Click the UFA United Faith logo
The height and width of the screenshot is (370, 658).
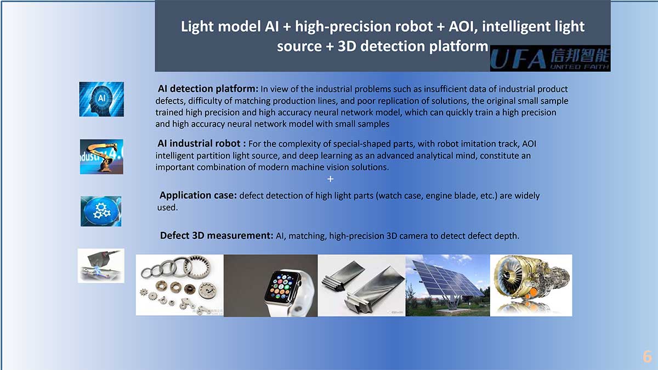click(x=550, y=58)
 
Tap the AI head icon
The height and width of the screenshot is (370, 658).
click(x=101, y=99)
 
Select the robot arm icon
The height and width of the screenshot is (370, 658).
click(x=101, y=157)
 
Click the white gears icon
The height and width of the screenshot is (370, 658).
click(x=101, y=211)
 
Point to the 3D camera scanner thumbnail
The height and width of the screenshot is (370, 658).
click(x=101, y=266)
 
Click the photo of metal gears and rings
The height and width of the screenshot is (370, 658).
click(x=179, y=285)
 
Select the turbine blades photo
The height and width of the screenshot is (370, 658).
click(x=361, y=286)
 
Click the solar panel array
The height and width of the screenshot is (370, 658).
click(x=446, y=281)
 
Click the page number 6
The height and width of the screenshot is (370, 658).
click(x=647, y=357)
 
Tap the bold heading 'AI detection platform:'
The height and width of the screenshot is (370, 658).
click(x=208, y=89)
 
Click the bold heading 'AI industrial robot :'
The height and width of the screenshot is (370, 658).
click(x=202, y=144)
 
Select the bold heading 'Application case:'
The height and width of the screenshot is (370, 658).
click(x=198, y=195)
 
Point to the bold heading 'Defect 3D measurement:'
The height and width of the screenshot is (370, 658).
click(x=217, y=236)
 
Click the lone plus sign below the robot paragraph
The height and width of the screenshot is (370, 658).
click(x=330, y=179)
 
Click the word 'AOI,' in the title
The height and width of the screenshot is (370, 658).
click(x=463, y=27)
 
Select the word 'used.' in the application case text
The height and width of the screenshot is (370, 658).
click(x=167, y=208)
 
